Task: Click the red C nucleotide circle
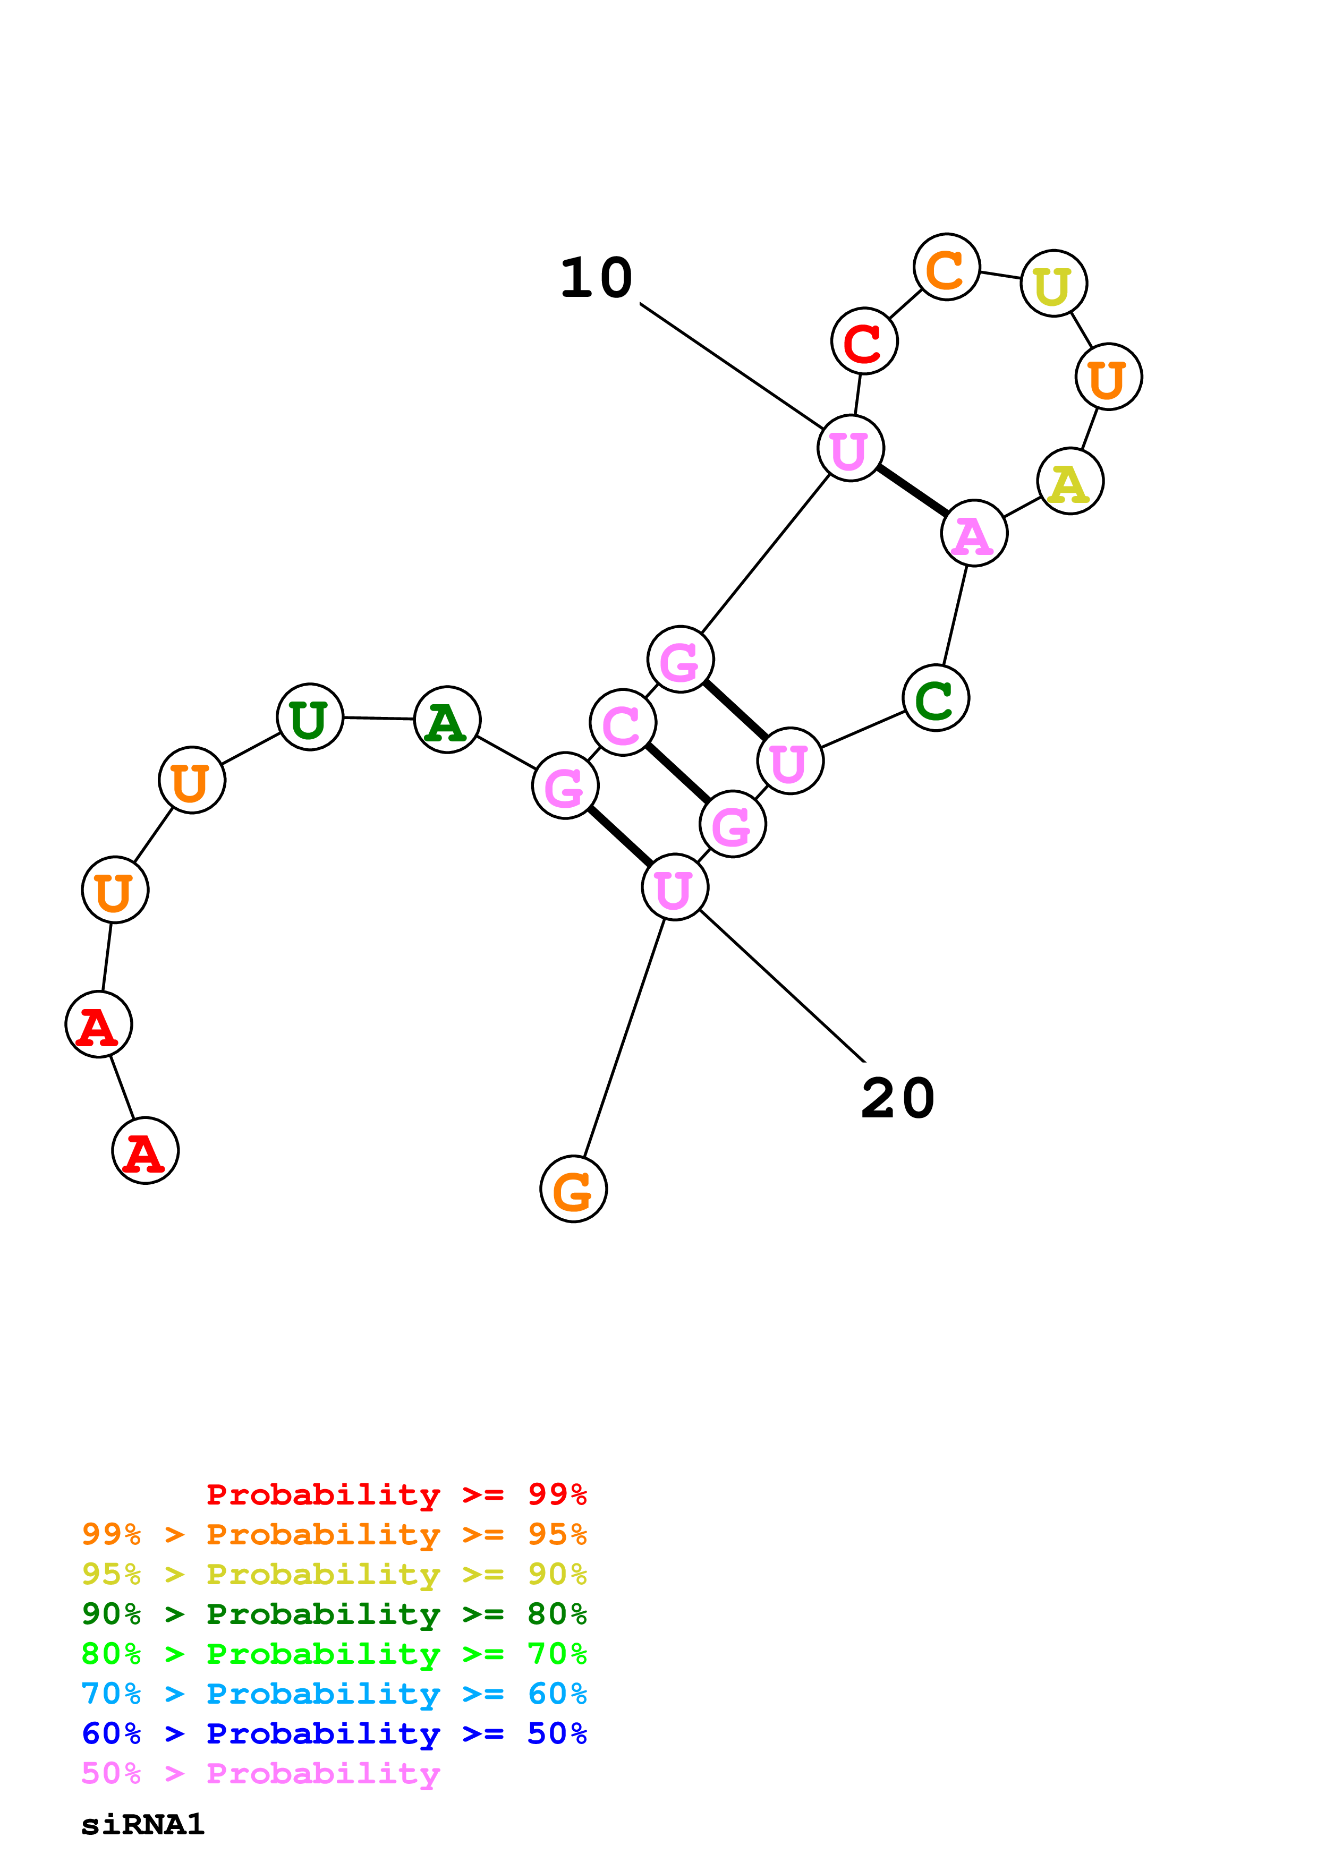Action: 864,341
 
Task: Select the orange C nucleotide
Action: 946,267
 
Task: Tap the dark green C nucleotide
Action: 936,698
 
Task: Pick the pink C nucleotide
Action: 623,723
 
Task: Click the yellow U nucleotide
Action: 1053,284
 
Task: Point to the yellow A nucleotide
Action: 1070,481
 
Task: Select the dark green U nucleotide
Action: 310,717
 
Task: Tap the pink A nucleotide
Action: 974,533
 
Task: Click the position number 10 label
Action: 597,278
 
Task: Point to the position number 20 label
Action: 897,1099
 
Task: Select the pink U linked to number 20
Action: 674,887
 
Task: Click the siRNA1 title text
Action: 143,1825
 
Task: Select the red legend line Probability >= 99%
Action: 396,1494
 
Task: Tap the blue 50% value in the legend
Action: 557,1733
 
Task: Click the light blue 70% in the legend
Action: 111,1694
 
